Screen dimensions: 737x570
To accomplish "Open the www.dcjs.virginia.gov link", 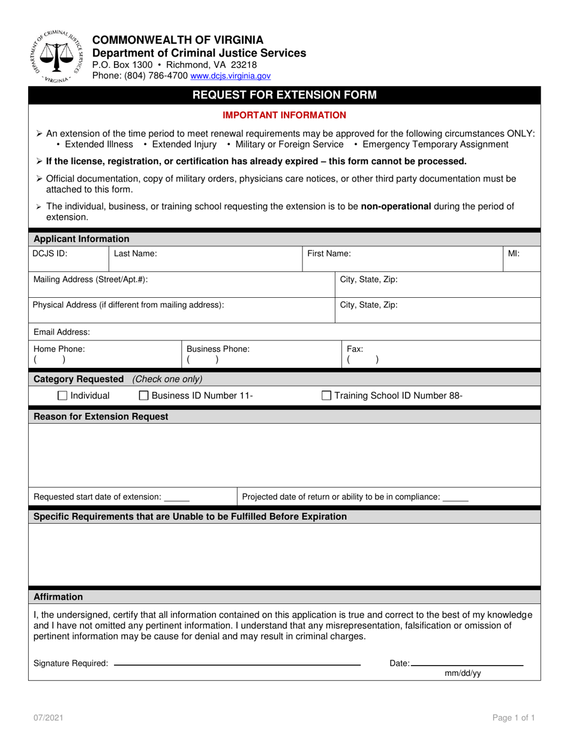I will pyautogui.click(x=230, y=76).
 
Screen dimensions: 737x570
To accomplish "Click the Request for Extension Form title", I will pyautogui.click(x=284, y=95).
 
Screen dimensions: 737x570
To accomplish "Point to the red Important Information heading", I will pyautogui.click(x=284, y=115).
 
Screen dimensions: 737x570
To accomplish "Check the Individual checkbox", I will pyautogui.click(x=62, y=395).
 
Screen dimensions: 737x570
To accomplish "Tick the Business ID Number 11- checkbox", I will pyautogui.click(x=144, y=395).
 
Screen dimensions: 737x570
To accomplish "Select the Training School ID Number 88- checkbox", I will pyautogui.click(x=326, y=395).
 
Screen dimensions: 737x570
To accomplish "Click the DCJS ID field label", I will pyautogui.click(x=50, y=253).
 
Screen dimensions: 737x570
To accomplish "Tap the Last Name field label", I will pyautogui.click(x=136, y=253).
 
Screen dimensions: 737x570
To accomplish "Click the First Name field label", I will pyautogui.click(x=329, y=253).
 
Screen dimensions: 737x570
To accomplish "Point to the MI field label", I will pyautogui.click(x=514, y=253).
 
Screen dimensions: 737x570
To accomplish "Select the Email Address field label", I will pyautogui.click(x=62, y=332).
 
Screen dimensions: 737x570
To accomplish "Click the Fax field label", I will pyautogui.click(x=355, y=349).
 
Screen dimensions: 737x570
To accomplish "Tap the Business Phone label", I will pyautogui.click(x=218, y=349).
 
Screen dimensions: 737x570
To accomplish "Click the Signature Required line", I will pyautogui.click(x=236, y=664).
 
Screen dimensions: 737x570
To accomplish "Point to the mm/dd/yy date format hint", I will pyautogui.click(x=463, y=673).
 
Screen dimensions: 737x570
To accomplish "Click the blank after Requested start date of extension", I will pyautogui.click(x=176, y=497).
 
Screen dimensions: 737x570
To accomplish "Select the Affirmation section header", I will pyautogui.click(x=58, y=597).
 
